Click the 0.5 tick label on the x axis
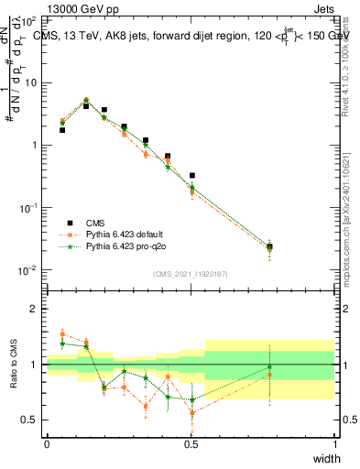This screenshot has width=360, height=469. pyautogui.click(x=191, y=443)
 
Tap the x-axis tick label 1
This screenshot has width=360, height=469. pyautogui.click(x=335, y=443)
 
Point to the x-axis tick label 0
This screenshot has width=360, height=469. pyautogui.click(x=47, y=443)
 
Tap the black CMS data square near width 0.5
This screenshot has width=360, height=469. pyautogui.click(x=191, y=175)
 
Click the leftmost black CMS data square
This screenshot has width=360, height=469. pyautogui.click(x=61, y=130)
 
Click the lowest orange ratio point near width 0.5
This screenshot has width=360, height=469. pyautogui.click(x=191, y=413)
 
